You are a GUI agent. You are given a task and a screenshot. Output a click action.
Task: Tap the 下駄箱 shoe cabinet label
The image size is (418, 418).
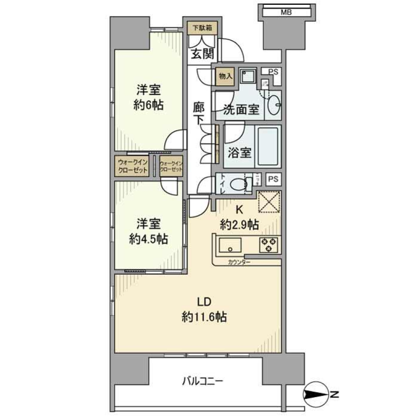point(202,28)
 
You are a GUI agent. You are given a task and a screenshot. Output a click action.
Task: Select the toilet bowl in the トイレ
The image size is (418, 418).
point(237,184)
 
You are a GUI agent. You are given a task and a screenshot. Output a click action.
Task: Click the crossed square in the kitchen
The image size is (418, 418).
point(268,202)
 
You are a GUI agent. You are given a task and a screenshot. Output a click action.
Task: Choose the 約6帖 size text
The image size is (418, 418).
point(149,105)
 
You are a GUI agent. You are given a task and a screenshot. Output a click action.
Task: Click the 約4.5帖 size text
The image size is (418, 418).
point(148,239)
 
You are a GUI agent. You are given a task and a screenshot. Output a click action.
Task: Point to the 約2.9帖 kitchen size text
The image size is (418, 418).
point(239,225)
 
